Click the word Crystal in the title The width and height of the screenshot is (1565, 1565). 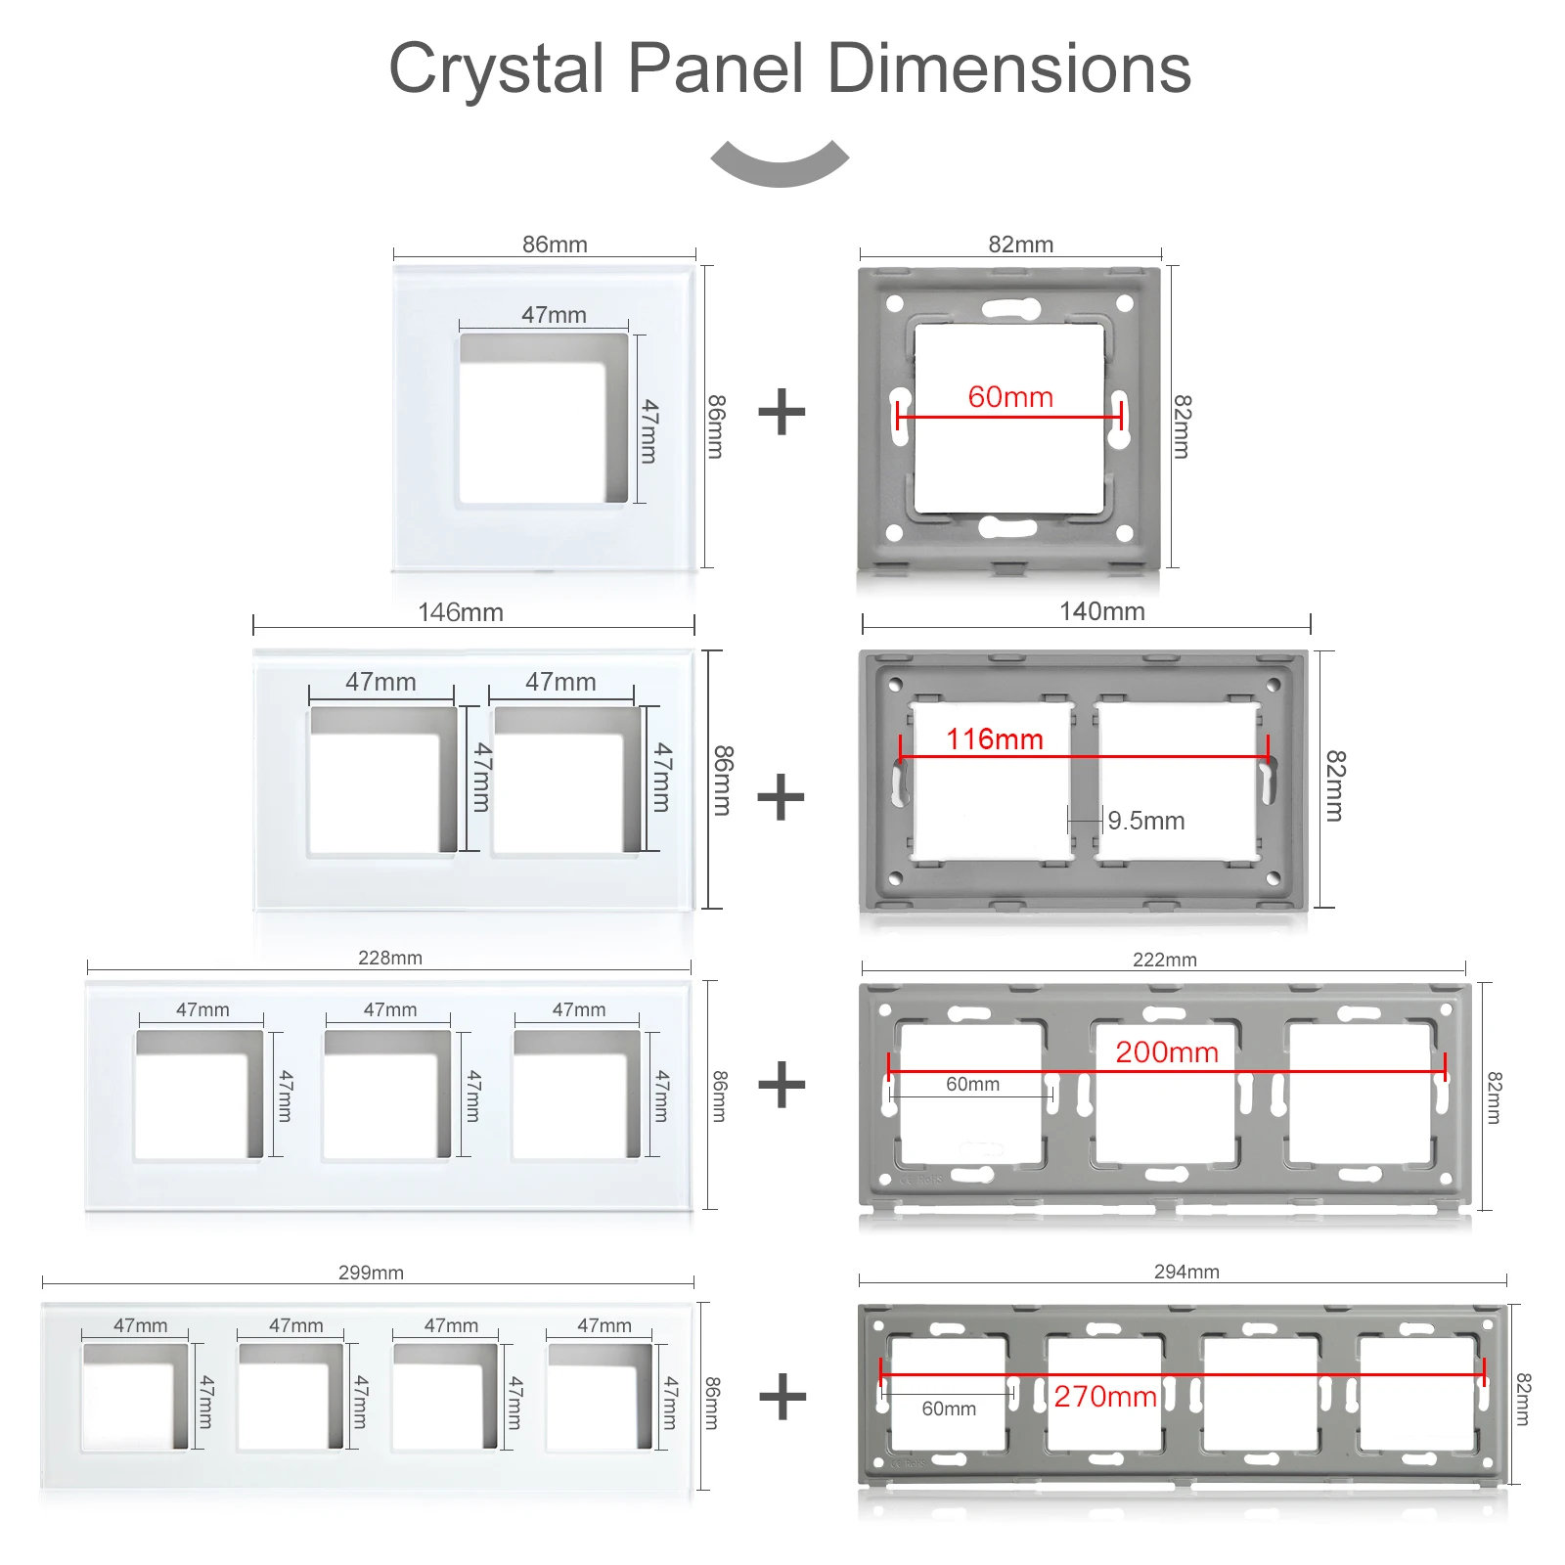(497, 70)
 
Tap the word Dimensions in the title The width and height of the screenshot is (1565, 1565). (1009, 68)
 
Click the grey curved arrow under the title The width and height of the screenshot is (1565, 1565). (780, 163)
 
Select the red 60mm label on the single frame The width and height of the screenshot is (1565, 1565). (1010, 397)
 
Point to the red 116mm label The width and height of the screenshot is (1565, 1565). (995, 739)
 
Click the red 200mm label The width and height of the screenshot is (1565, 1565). (1167, 1052)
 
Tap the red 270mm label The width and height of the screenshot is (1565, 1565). (1105, 1397)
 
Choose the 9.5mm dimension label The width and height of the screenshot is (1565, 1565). (1146, 821)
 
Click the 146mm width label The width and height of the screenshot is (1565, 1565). (461, 612)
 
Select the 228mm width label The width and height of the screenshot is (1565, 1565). (390, 958)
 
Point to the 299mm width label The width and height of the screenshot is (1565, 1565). (371, 1273)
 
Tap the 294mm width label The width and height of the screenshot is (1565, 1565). (1186, 1272)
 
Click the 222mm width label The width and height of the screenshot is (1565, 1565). (1165, 960)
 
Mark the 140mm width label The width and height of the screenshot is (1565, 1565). (1102, 611)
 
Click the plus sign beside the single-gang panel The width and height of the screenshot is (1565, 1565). (782, 412)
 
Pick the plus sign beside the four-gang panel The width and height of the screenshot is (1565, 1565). (783, 1397)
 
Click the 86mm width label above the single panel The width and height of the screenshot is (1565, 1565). (555, 245)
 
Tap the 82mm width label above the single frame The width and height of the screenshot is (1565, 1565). (1020, 245)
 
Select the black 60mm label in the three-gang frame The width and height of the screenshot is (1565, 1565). (972, 1084)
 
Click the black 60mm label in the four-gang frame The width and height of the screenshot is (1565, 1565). (949, 1408)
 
